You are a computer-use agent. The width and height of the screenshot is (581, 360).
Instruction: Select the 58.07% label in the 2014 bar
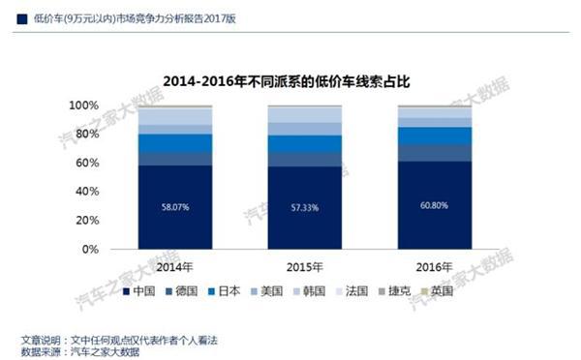175,206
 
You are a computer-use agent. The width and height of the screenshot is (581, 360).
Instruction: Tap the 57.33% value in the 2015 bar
304,207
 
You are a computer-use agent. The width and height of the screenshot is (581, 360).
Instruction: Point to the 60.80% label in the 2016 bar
434,205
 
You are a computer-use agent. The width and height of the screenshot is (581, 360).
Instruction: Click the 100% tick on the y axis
110,105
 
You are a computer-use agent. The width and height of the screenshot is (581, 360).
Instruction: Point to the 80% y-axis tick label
113,134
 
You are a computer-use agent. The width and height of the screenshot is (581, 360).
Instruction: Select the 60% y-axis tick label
113,163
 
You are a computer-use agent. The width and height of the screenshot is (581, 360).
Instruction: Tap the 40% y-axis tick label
113,192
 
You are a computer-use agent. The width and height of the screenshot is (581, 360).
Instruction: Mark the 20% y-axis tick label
113,221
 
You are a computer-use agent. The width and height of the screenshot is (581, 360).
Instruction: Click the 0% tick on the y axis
116,250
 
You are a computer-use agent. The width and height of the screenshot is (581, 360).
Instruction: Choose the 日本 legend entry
243,289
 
